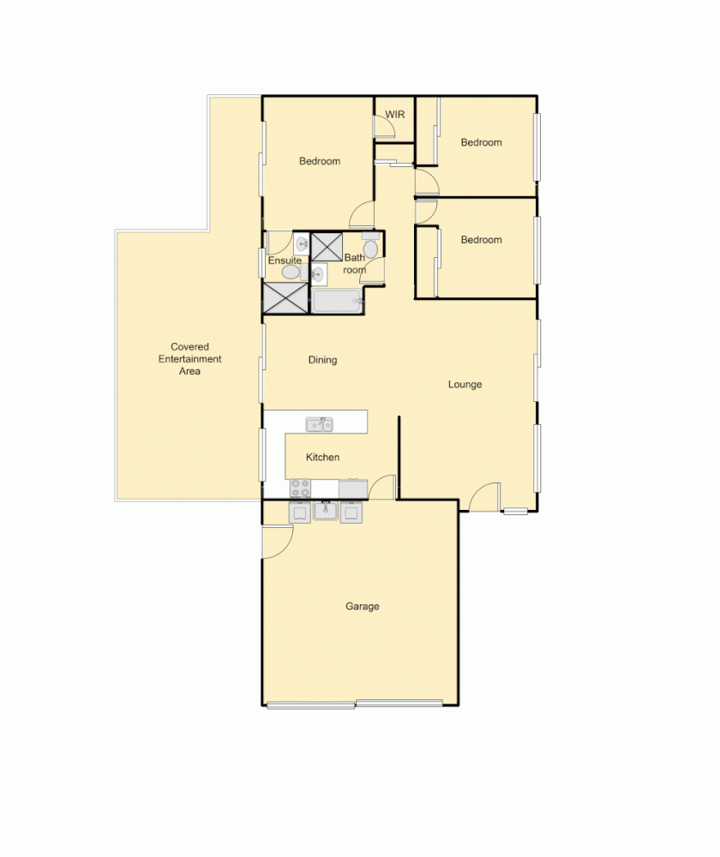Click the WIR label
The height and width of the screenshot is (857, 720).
[394, 114]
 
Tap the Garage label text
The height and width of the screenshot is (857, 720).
[362, 607]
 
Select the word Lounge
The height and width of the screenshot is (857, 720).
[465, 385]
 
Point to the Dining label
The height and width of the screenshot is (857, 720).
[322, 361]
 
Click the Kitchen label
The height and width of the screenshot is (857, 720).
[322, 458]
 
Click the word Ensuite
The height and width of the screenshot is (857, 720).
[285, 261]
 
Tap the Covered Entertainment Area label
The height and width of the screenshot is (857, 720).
[189, 359]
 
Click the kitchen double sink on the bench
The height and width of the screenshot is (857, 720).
[320, 423]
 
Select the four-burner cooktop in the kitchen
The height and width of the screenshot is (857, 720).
[300, 488]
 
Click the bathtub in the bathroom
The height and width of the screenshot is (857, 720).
[336, 302]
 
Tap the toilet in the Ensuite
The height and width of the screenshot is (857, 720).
[291, 272]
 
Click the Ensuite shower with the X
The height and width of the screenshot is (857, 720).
[285, 297]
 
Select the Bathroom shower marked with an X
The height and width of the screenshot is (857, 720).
[327, 246]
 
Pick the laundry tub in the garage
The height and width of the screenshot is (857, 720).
[325, 512]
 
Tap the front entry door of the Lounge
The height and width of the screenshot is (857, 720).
[484, 498]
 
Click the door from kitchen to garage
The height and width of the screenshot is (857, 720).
[382, 488]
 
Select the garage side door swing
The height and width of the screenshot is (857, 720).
[277, 542]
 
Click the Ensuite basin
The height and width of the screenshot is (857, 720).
[302, 245]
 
